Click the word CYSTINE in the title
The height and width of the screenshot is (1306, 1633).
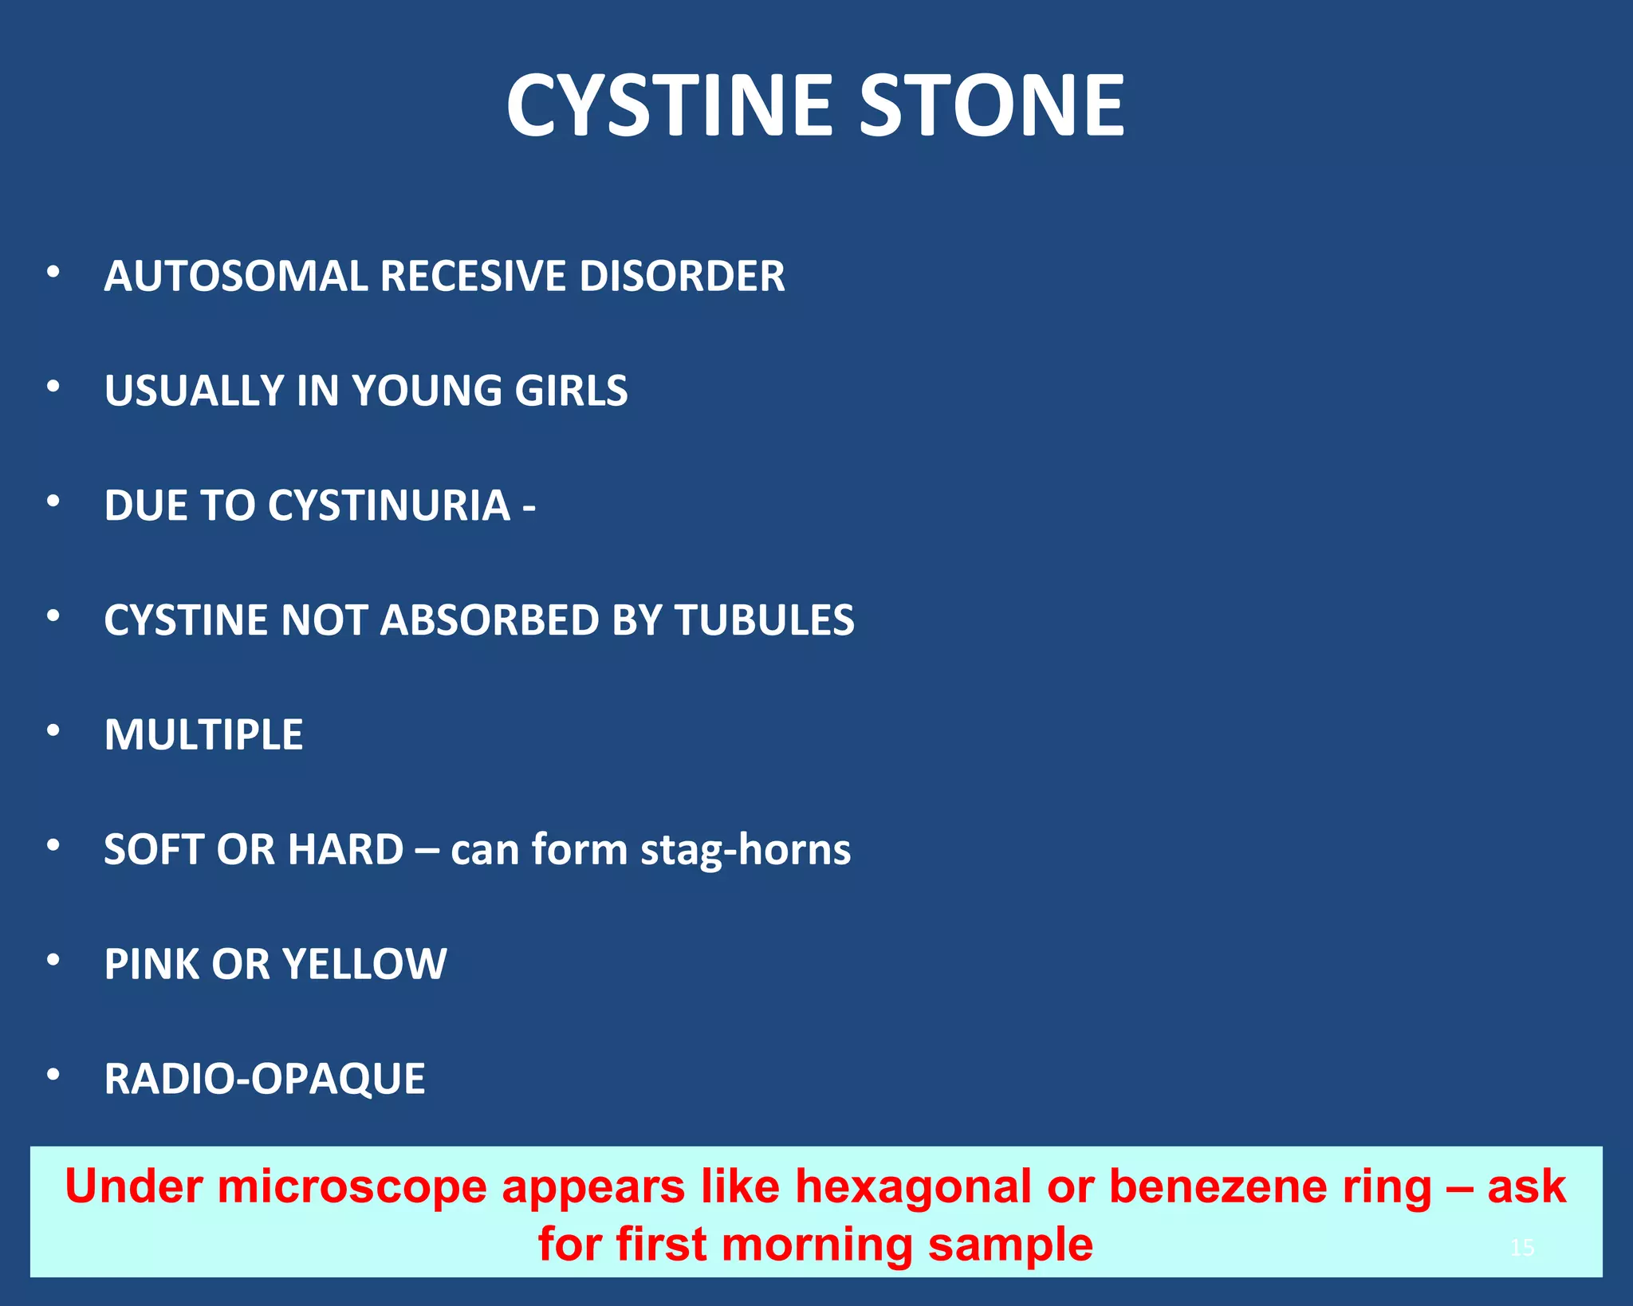(670, 106)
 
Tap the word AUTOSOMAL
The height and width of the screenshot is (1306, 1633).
(235, 277)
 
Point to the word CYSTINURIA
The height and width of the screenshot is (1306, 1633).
(389, 505)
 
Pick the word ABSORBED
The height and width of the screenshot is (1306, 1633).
(489, 620)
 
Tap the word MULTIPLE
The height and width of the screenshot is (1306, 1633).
(203, 734)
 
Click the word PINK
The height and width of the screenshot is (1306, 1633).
(151, 964)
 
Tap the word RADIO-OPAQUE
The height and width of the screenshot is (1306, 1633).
(265, 1080)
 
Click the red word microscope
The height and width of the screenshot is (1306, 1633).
(352, 1187)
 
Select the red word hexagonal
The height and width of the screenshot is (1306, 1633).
(913, 1186)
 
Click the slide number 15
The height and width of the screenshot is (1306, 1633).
(1521, 1247)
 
